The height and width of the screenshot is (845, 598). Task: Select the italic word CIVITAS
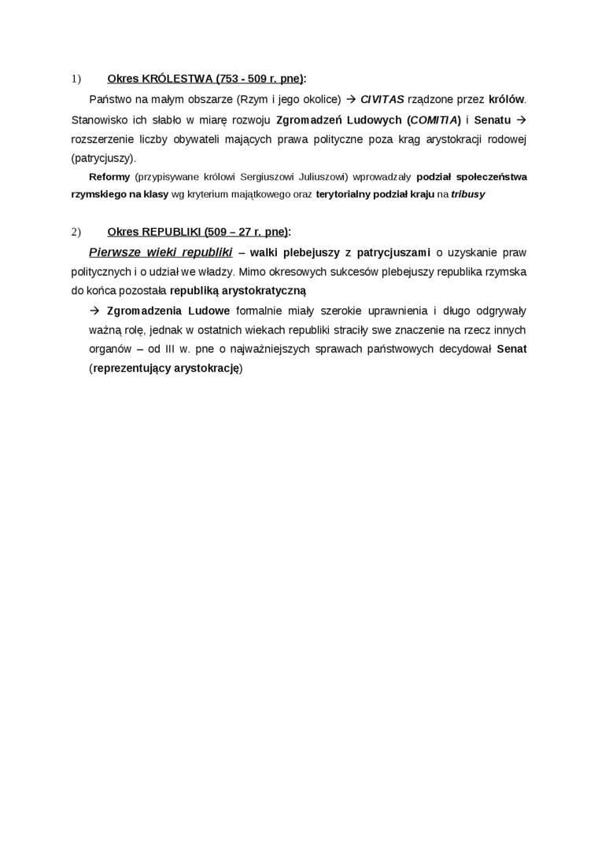tap(382, 99)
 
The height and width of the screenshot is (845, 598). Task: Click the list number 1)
tap(76, 79)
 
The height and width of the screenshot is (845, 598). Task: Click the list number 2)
tap(76, 232)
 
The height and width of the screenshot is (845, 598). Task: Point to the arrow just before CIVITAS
tap(352, 99)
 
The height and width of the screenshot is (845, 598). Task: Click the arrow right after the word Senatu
tap(520, 119)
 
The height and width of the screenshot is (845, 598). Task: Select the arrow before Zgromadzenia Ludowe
tap(96, 310)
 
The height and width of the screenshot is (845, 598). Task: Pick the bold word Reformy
tap(109, 176)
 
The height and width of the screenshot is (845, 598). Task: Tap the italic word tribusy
tap(468, 193)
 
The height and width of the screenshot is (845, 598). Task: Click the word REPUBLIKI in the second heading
tap(172, 232)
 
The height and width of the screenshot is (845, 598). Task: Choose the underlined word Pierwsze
tap(116, 252)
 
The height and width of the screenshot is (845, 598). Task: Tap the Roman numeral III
tap(172, 349)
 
